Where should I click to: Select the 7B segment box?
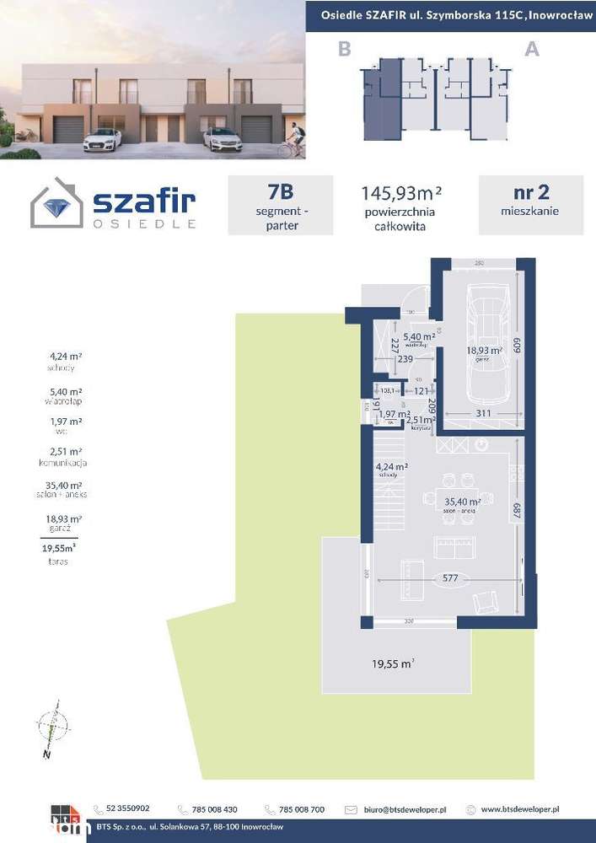(274, 205)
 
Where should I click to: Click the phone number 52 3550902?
(127, 808)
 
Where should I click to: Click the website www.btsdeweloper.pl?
(520, 809)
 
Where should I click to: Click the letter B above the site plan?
(344, 49)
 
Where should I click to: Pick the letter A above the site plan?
(532, 49)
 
